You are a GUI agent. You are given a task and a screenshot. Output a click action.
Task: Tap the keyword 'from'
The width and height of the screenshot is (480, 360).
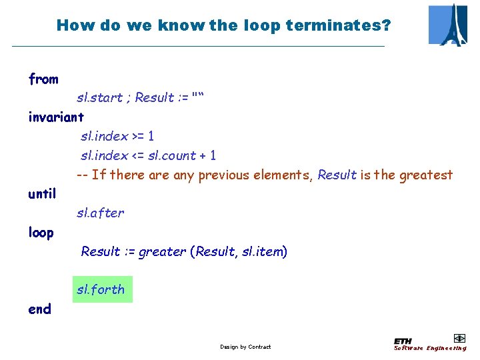point(43,79)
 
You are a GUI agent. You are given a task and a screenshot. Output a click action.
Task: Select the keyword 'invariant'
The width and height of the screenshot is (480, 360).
point(56,117)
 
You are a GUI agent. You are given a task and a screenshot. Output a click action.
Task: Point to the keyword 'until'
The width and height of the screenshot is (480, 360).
point(42,194)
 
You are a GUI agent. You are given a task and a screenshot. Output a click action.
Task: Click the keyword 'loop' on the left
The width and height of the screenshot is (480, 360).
point(41,233)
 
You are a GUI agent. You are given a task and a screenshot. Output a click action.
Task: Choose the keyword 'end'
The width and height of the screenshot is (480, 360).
point(39,309)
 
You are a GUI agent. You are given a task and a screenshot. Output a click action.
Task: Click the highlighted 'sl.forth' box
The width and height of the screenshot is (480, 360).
point(102,289)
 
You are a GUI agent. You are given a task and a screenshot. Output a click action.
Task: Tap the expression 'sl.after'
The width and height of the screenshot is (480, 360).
point(100,213)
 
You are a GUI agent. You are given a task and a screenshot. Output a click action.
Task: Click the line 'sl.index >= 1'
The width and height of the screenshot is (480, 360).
point(117,137)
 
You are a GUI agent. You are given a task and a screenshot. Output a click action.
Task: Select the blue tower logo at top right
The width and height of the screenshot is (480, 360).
point(448,25)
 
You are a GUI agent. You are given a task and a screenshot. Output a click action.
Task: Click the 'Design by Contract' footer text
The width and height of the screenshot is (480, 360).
point(245,347)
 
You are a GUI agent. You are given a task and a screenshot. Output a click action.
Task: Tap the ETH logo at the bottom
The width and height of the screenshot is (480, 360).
point(403,340)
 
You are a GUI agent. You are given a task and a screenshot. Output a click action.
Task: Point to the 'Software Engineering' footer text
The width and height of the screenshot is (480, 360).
point(430,348)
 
